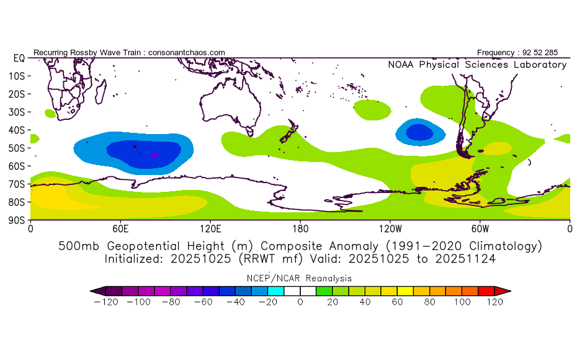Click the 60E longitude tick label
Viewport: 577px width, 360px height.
(120, 228)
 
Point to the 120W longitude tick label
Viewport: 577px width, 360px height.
(390, 228)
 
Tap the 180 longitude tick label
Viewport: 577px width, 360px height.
(300, 228)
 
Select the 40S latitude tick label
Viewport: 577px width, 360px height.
(17, 130)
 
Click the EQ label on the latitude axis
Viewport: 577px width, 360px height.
(18, 58)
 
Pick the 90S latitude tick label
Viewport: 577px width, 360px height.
(17, 220)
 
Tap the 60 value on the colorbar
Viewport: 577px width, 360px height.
(398, 302)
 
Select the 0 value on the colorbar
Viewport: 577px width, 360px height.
(300, 302)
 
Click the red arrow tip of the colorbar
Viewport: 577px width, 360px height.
(506, 290)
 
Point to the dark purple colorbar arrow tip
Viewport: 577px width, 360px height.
(94, 290)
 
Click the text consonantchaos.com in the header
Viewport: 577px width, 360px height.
(187, 53)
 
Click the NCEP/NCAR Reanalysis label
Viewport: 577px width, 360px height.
(300, 278)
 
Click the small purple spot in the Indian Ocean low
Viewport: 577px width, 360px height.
(154, 154)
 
